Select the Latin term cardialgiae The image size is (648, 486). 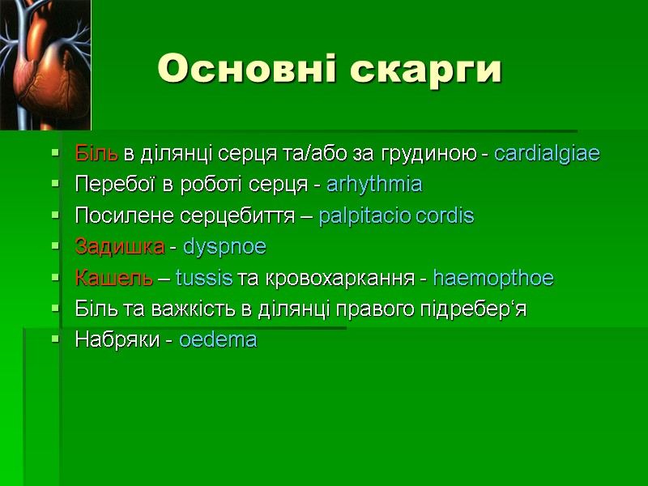pos(547,154)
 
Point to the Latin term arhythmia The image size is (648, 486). pos(374,185)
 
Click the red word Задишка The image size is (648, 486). pos(120,247)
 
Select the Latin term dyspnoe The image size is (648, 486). pos(224,247)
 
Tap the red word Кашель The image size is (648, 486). pos(113,279)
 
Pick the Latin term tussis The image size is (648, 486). pos(203,279)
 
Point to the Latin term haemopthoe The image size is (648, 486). pos(493,279)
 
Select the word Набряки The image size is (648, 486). pos(113,340)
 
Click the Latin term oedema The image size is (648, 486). pos(218,340)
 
